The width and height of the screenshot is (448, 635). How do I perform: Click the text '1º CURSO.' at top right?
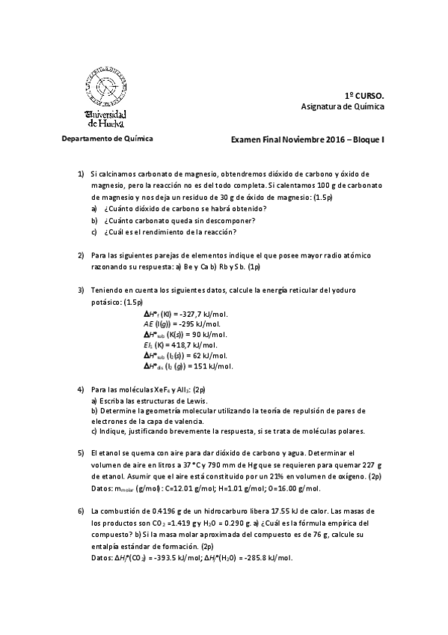click(x=364, y=97)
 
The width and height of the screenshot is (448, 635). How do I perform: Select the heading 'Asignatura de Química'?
click(x=342, y=107)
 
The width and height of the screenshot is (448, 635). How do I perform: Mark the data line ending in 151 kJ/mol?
click(x=188, y=367)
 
